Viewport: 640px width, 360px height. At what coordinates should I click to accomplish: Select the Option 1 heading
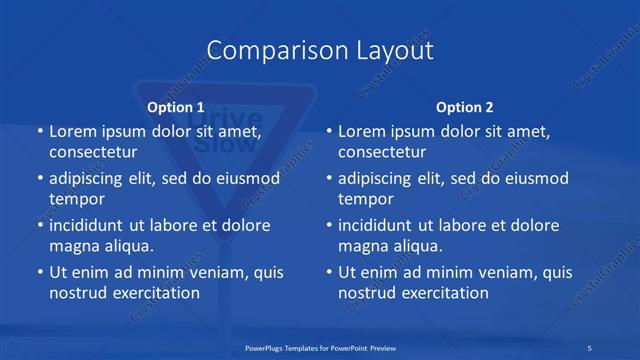pos(176,106)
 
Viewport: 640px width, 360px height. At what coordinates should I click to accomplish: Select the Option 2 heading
pos(465,106)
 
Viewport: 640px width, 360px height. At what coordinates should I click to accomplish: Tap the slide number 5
pos(590,346)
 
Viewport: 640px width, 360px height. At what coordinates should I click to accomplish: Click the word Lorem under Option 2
pos(361,131)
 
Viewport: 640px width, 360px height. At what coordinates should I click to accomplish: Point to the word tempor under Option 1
pos(77,199)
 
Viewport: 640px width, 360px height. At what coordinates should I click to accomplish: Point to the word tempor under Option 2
pos(367,199)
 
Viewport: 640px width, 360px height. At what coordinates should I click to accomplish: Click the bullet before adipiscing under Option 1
pos(39,179)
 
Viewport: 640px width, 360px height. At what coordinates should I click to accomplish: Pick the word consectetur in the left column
pos(93,152)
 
